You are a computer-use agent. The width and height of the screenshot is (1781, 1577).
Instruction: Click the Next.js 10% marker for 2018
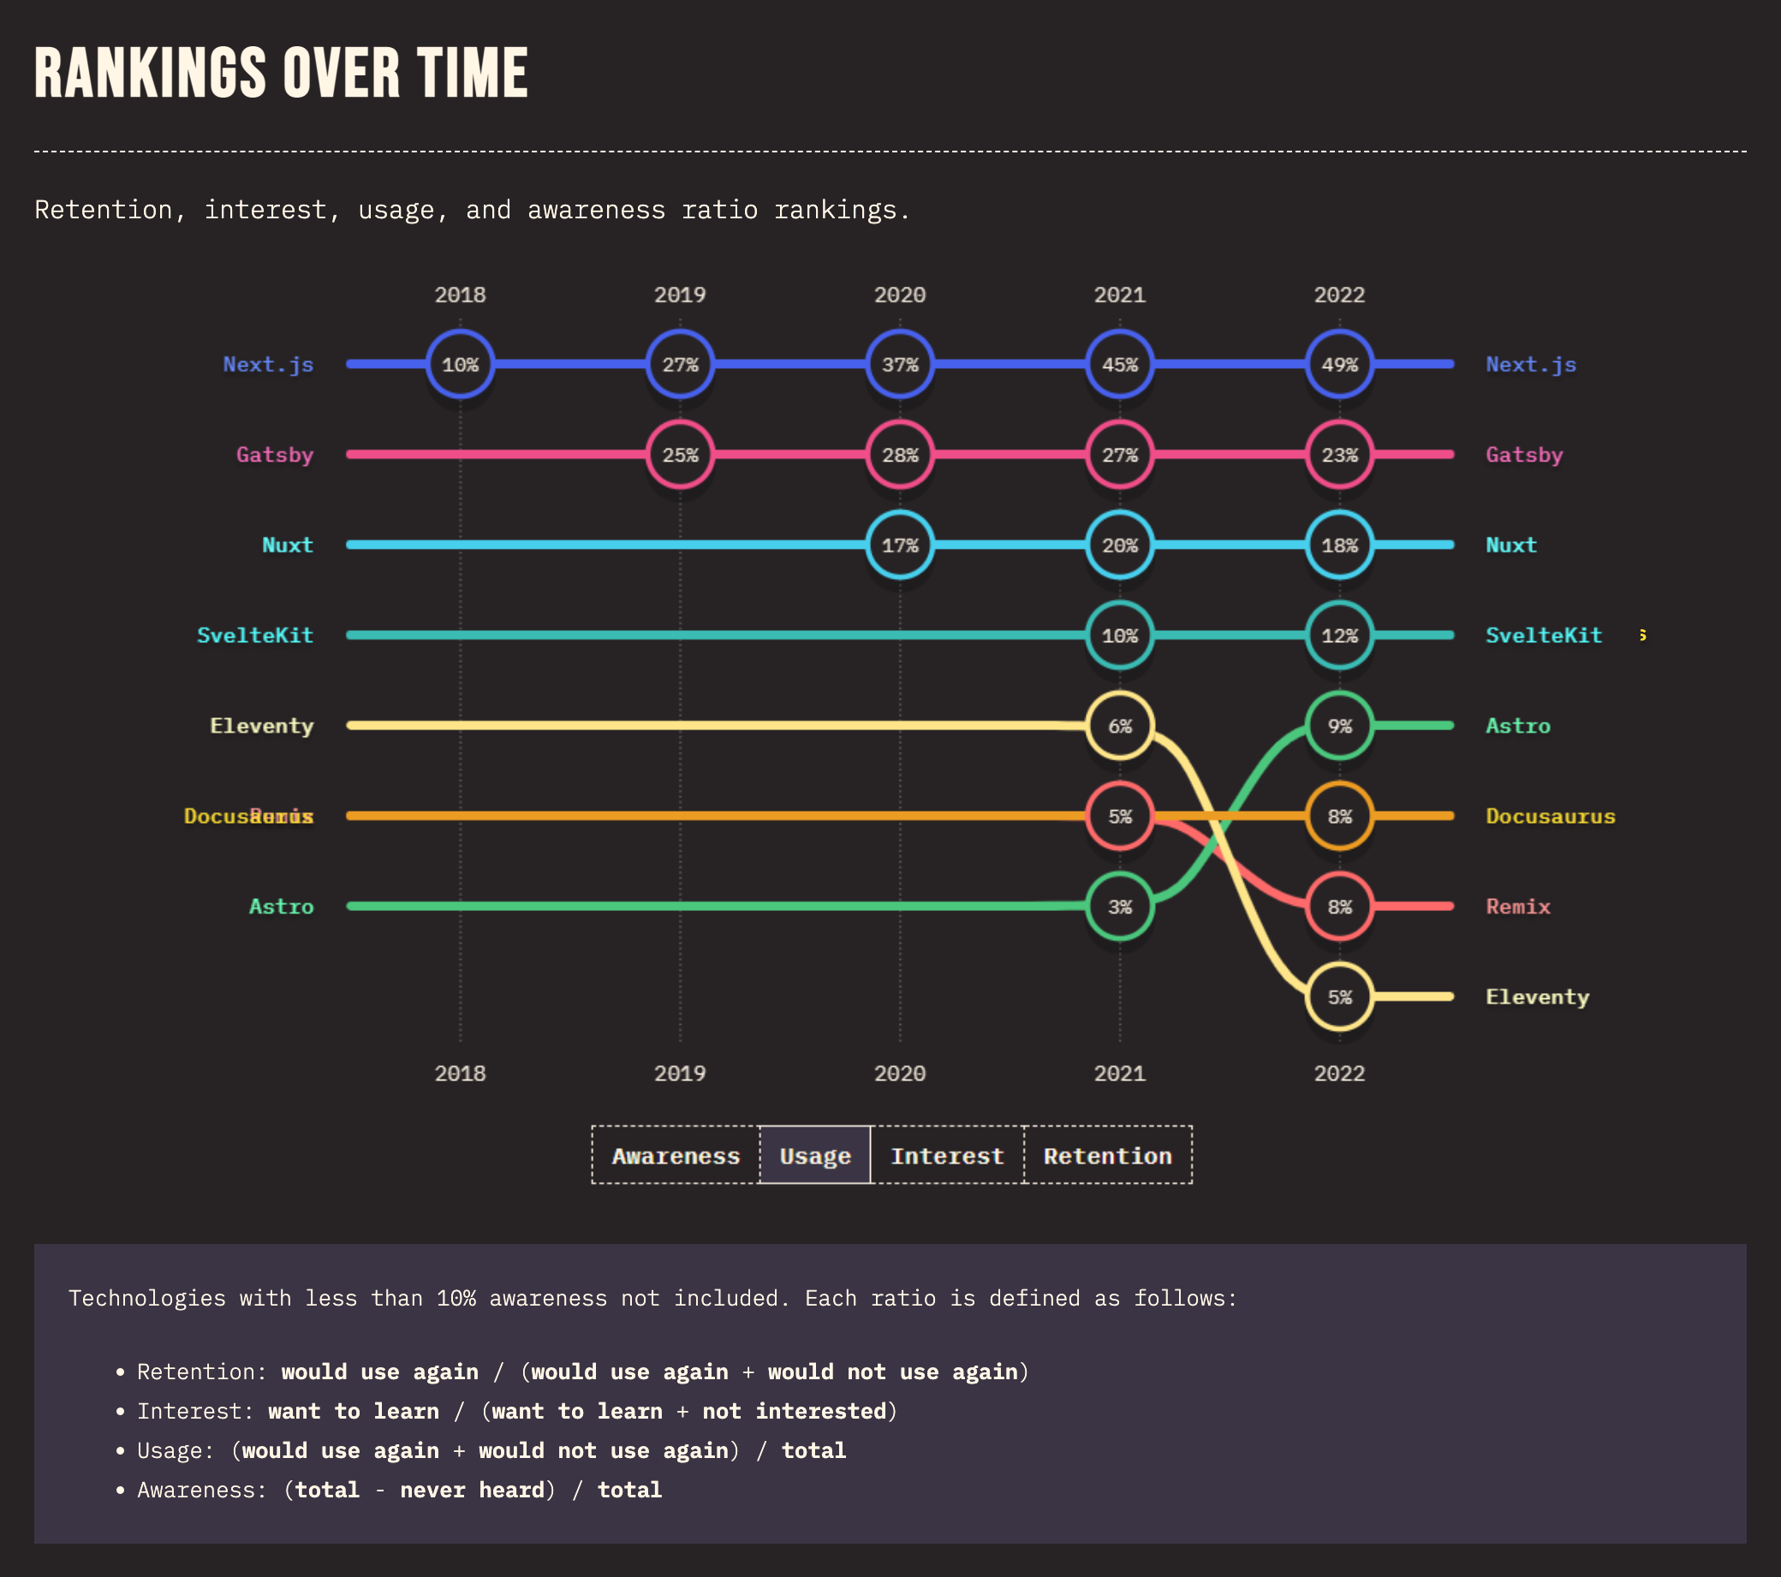tap(460, 364)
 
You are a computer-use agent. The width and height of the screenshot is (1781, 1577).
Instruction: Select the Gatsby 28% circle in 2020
tap(899, 455)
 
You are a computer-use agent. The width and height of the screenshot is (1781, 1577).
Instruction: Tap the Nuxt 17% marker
tap(899, 545)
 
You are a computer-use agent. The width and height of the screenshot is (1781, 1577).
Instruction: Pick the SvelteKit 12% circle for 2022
tap(1339, 635)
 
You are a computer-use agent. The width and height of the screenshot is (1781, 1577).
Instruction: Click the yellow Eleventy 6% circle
tap(1120, 726)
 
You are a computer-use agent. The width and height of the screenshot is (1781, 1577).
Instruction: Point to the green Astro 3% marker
tap(1120, 906)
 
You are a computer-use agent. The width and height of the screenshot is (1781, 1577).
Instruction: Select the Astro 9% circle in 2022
tap(1339, 726)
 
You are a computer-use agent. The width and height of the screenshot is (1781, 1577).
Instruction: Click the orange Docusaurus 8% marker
tap(1339, 817)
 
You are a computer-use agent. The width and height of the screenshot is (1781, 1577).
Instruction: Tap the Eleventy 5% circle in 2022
tap(1339, 997)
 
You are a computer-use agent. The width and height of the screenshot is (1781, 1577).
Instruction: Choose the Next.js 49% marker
tap(1339, 364)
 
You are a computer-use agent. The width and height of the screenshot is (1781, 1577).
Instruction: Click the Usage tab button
tap(814, 1155)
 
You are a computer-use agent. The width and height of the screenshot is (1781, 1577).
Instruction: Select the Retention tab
tap(1107, 1155)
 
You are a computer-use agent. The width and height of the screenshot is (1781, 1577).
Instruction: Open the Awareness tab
tap(676, 1155)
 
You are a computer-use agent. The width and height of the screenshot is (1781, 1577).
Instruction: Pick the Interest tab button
tap(947, 1155)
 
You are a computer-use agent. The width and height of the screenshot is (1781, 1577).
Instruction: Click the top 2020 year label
tap(899, 295)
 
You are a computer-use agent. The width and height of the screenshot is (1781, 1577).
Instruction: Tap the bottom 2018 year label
tap(460, 1073)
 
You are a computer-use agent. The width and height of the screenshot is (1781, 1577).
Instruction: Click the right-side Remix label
tap(1518, 906)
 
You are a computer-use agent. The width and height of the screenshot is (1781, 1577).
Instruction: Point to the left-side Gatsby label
tap(275, 455)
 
